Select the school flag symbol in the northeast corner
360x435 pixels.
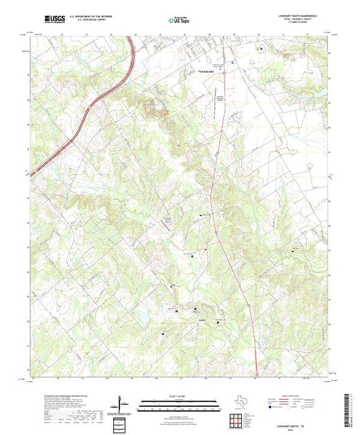coord(261,49)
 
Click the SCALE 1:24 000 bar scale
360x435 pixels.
coord(179,403)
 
